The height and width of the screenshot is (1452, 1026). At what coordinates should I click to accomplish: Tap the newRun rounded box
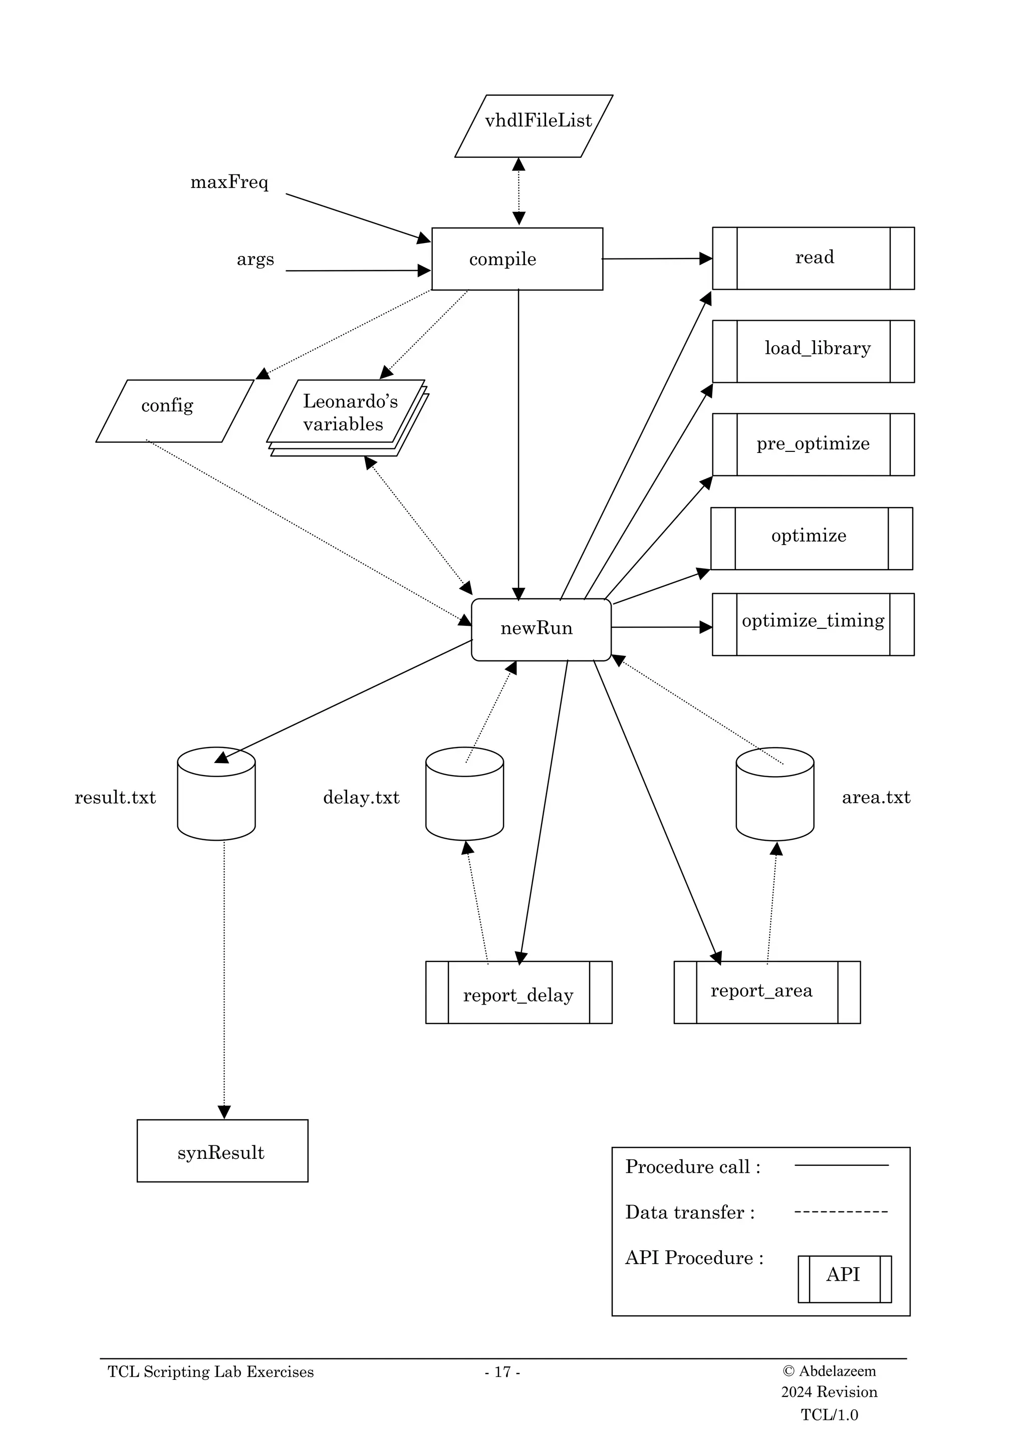pos(541,629)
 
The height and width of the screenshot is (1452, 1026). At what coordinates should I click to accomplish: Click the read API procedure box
pos(813,258)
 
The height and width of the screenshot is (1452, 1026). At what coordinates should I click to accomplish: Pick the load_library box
pos(813,351)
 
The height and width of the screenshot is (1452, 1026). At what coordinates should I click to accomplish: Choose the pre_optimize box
pos(813,444)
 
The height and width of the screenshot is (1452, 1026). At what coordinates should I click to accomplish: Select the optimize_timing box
pos(813,624)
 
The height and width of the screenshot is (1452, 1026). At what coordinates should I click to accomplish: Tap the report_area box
pos(767,992)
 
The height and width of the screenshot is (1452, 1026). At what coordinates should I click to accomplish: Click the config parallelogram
pos(174,410)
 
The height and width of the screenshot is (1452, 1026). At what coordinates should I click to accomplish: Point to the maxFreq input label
pos(229,183)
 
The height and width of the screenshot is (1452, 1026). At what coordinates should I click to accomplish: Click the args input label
pos(255,260)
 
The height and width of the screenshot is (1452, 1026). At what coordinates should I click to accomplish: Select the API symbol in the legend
pos(844,1274)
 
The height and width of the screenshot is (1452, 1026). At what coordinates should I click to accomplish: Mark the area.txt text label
pos(876,798)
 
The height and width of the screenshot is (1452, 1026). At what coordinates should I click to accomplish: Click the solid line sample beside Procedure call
pos(841,1165)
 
